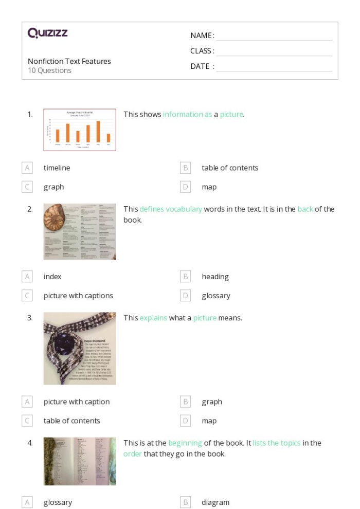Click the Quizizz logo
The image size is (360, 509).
[x=47, y=33]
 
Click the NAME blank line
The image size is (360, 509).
[x=274, y=36]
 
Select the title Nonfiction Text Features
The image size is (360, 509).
[x=69, y=61]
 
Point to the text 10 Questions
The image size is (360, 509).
[x=49, y=71]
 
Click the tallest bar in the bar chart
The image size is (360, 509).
[x=98, y=131]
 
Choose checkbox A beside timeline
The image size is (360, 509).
[x=27, y=168]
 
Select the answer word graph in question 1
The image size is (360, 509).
[x=53, y=187]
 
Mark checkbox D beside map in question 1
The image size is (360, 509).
[x=186, y=187]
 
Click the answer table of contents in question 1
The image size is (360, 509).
[x=230, y=168]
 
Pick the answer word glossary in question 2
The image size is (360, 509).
[x=216, y=296]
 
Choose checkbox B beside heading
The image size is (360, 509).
[x=186, y=277]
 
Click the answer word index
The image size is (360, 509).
[x=52, y=277]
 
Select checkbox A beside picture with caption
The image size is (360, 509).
[x=27, y=402]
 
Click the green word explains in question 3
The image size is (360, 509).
[x=153, y=318]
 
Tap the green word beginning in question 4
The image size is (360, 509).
[x=185, y=443]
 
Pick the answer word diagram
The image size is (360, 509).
[x=215, y=502]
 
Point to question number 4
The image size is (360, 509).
[x=30, y=443]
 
